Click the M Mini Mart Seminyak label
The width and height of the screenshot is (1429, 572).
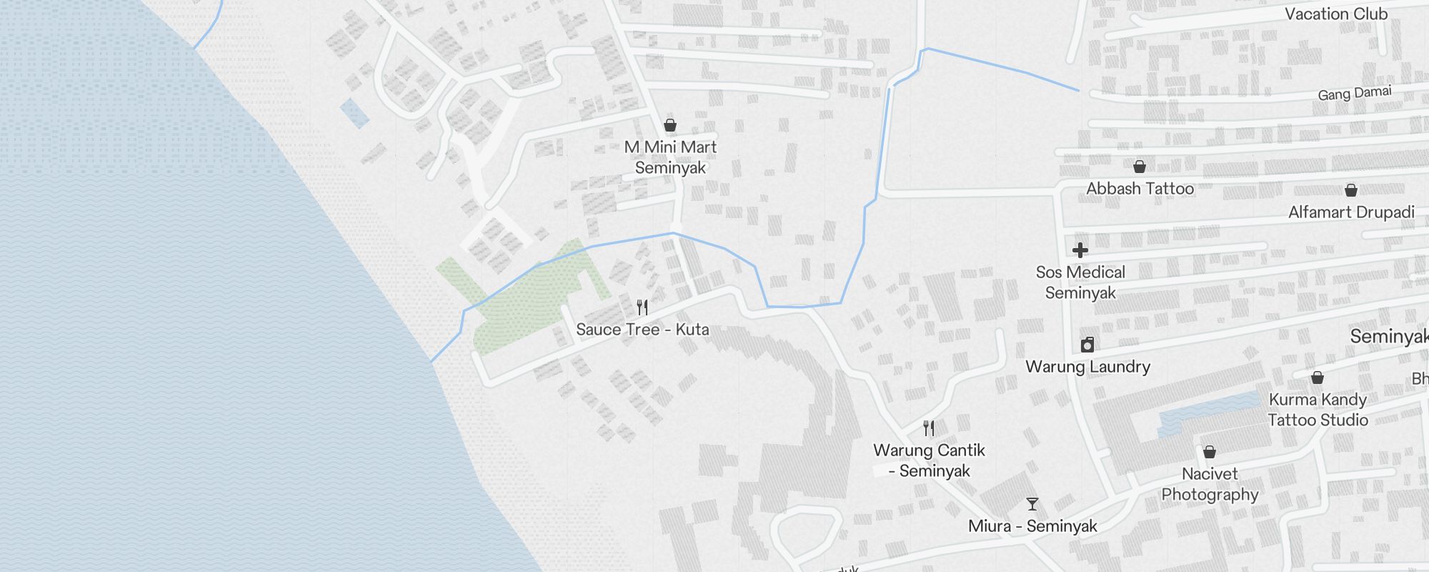(670, 157)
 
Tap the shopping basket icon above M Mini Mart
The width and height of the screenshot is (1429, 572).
(670, 126)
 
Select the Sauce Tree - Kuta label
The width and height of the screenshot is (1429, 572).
(642, 330)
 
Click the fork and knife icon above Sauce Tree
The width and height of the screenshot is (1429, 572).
(642, 307)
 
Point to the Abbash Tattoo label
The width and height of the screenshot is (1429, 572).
(1140, 189)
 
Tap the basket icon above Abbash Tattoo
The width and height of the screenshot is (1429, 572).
(1140, 167)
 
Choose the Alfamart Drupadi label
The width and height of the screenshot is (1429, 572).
(1351, 212)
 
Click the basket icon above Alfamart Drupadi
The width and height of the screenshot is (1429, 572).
(1351, 190)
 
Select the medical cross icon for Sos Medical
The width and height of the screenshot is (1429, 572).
(1080, 250)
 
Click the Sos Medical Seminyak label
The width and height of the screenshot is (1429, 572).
(1080, 282)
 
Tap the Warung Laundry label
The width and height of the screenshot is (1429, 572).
(1087, 367)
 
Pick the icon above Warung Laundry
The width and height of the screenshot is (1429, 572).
(1087, 345)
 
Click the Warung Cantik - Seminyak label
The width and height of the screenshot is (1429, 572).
(929, 460)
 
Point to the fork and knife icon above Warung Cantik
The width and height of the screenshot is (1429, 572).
(929, 428)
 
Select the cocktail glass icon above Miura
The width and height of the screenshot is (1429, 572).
(1032, 504)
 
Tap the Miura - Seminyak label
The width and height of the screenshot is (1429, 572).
(1032, 526)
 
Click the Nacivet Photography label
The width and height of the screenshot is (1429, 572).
(1210, 484)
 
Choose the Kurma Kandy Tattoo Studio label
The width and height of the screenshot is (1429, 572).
(1318, 410)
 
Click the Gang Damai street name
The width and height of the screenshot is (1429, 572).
(1355, 94)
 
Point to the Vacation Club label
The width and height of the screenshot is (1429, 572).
(1336, 14)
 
